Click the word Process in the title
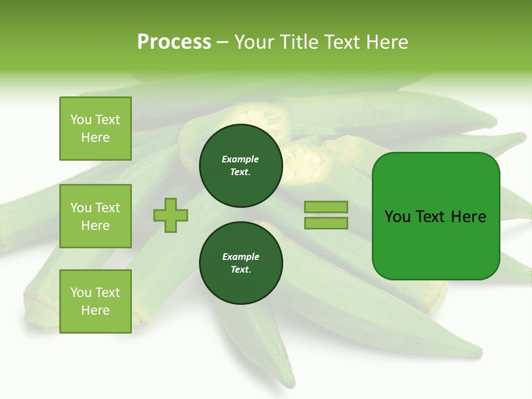[174, 42]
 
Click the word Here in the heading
[387, 42]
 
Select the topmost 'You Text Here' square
[95, 129]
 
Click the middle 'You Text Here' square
[95, 216]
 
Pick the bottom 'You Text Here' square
[95, 301]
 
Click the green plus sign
[171, 215]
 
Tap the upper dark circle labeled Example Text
[241, 166]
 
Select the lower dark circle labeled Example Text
[241, 263]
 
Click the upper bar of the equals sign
[326, 207]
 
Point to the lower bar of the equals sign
[326, 223]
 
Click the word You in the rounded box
[398, 217]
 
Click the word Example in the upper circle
[241, 159]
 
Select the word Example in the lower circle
[241, 257]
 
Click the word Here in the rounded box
[469, 217]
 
